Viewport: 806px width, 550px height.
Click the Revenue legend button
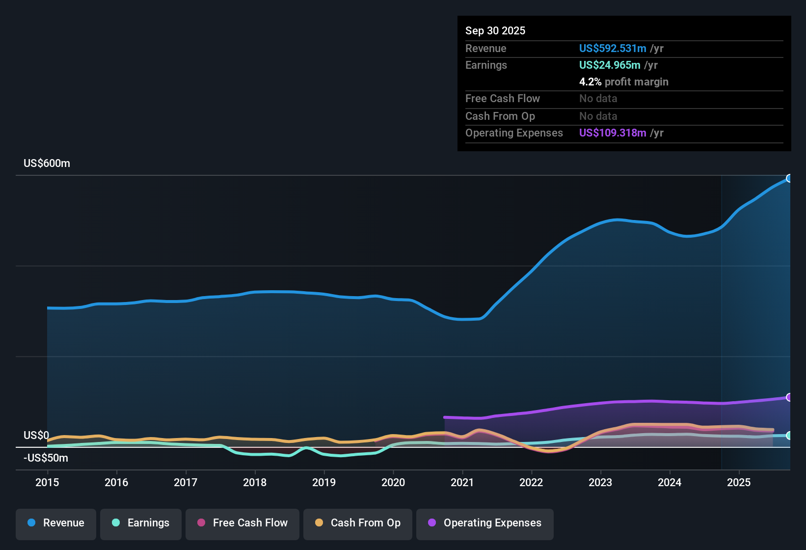56,523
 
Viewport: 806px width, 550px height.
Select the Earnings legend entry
141,523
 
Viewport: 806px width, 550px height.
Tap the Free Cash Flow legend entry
242,523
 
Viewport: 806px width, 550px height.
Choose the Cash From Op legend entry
358,523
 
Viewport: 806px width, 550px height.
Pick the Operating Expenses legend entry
485,523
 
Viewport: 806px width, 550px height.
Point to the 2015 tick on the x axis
47,482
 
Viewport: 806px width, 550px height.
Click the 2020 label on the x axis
393,482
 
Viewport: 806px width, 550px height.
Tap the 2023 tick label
600,482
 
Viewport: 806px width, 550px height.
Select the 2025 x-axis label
739,482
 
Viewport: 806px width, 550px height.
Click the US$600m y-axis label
47,164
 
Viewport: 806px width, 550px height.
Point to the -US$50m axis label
46,458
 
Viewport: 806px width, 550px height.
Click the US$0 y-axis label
36,436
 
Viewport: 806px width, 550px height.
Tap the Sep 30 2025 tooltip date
495,30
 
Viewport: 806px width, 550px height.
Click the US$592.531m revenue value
613,48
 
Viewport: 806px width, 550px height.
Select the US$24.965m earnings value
610,65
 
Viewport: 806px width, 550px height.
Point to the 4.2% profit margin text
623,82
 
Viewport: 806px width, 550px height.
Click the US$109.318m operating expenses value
613,133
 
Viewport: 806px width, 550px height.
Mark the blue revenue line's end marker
789,178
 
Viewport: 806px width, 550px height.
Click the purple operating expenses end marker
789,397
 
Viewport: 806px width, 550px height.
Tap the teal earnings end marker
789,436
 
